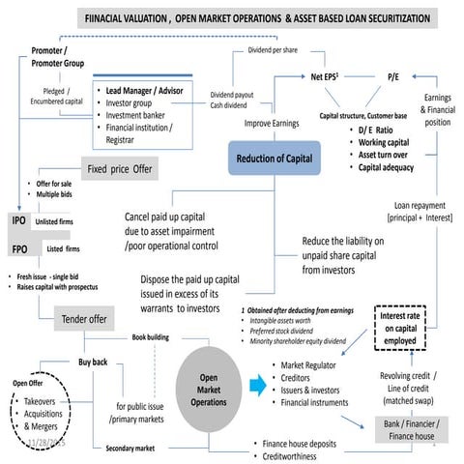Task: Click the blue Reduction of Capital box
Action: point(273,158)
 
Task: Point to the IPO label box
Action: point(18,221)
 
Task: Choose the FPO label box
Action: point(18,248)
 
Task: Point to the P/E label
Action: point(394,74)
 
